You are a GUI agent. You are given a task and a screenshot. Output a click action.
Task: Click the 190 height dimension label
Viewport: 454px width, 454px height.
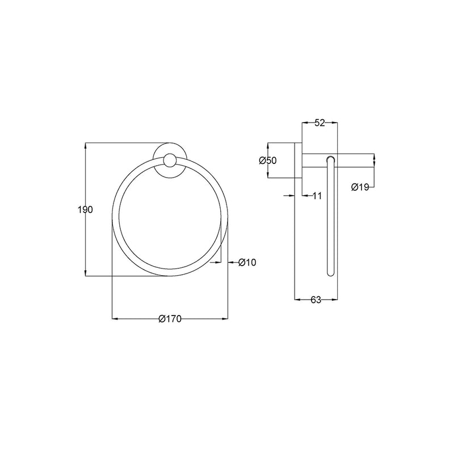(85, 209)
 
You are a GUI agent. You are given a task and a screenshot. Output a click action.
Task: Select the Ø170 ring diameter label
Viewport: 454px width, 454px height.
(170, 319)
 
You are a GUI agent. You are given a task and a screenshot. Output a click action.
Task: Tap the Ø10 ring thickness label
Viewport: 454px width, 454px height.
(247, 262)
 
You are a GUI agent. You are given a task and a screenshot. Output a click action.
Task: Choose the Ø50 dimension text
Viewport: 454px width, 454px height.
(267, 161)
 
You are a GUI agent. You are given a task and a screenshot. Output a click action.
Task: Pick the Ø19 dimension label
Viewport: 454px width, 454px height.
(360, 187)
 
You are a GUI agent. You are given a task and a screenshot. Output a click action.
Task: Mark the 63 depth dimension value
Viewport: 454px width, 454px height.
(316, 300)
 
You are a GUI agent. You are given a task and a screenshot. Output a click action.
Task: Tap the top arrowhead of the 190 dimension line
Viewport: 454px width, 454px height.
(85, 146)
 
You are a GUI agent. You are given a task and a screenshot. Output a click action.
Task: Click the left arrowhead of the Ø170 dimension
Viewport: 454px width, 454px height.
(114, 319)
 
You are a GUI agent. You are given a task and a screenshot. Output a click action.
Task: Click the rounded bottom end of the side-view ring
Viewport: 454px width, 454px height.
(330, 273)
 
